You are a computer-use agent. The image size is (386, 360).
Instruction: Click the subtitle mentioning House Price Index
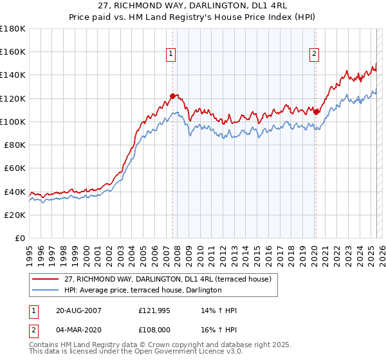click(192, 17)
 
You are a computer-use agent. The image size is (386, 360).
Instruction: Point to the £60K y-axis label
click(15, 168)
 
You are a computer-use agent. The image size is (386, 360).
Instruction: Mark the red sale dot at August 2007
click(172, 96)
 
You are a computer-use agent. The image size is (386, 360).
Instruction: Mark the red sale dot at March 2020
click(316, 112)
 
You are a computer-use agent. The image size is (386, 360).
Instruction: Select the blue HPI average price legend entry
click(142, 291)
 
